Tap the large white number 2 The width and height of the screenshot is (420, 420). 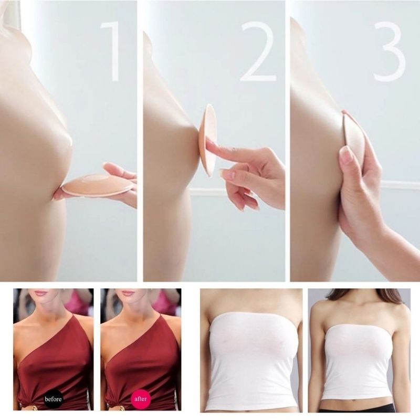pyautogui.click(x=258, y=51)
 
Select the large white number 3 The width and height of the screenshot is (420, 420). pyautogui.click(x=390, y=51)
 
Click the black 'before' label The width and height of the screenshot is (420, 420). pyautogui.click(x=53, y=399)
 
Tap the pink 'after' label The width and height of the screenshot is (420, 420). pyautogui.click(x=140, y=399)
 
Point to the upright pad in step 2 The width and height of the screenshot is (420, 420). pyautogui.click(x=208, y=140)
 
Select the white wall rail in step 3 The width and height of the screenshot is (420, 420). pyautogui.click(x=401, y=184)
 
